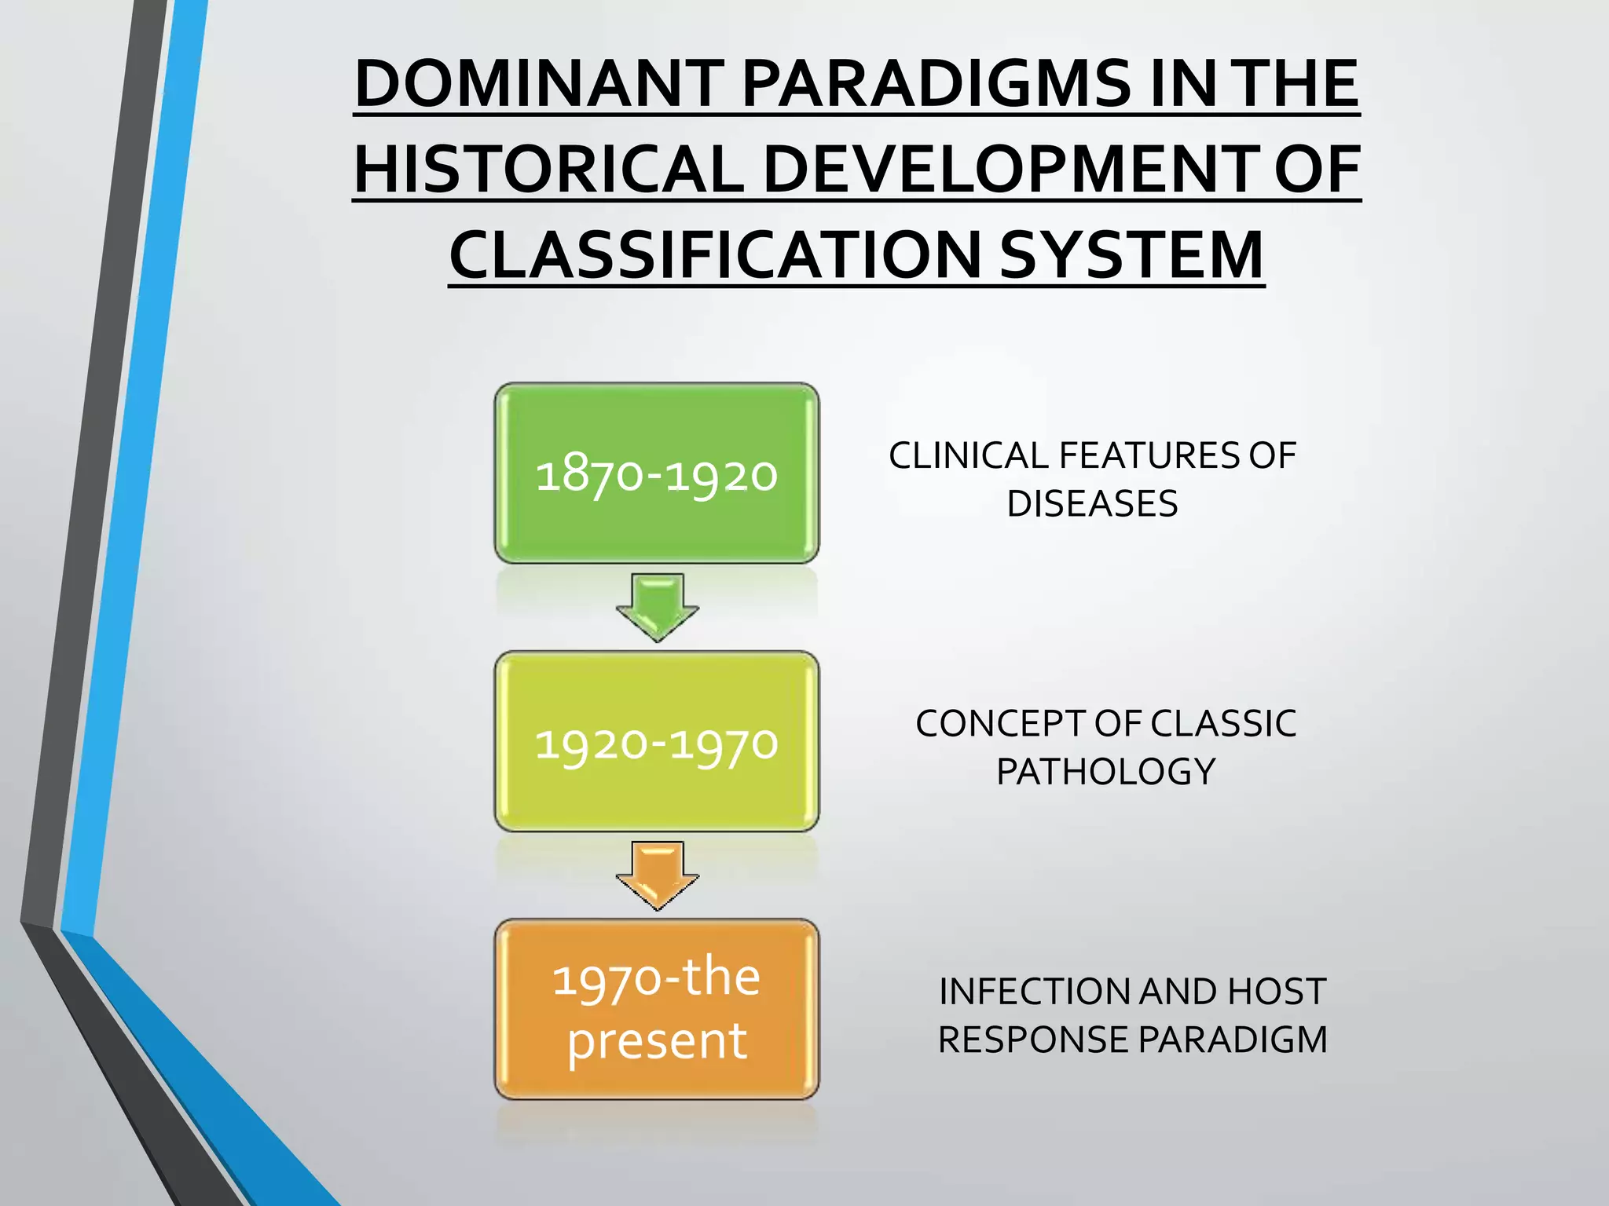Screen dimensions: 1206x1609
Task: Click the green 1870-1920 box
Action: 656,473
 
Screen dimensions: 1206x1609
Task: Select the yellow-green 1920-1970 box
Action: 656,741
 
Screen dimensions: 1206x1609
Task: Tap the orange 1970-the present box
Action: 656,1009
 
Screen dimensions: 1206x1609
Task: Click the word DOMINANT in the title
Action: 539,84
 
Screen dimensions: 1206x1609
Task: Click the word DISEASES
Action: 1092,504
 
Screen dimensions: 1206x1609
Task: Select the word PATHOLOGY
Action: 1105,772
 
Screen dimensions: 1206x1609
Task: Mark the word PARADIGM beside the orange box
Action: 1232,1040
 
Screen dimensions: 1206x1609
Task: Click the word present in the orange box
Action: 657,1042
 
